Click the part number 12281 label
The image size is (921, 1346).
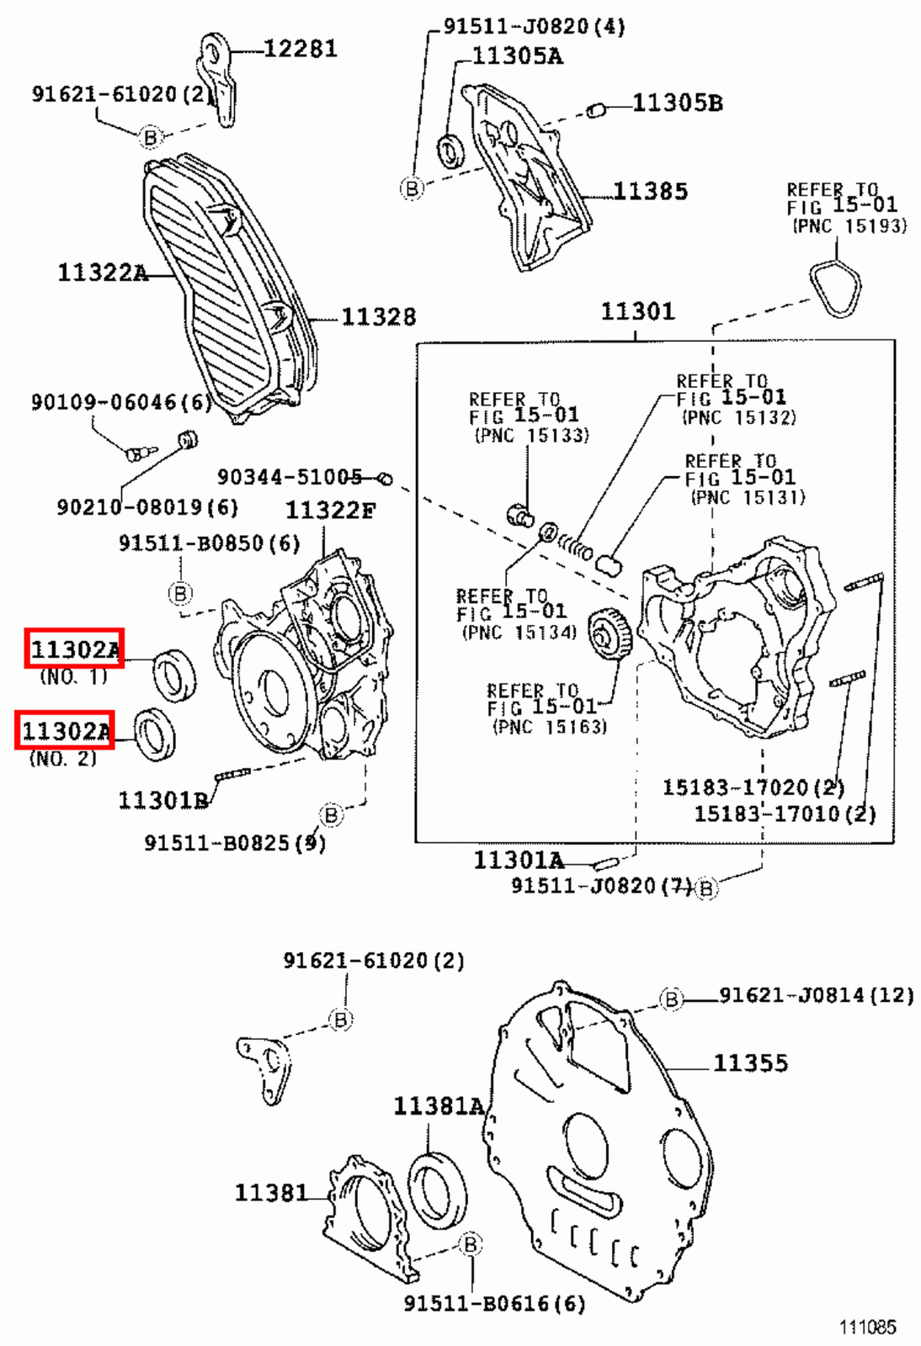tap(300, 49)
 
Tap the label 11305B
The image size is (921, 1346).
tap(677, 103)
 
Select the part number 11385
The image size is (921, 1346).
tap(650, 192)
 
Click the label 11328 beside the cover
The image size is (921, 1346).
tap(378, 317)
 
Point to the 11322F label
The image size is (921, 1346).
tap(330, 511)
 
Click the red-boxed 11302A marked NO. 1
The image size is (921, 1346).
tap(75, 649)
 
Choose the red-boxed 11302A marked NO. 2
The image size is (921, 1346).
tap(65, 730)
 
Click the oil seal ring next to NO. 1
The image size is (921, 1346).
tap(174, 675)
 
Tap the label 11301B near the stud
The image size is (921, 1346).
tap(162, 800)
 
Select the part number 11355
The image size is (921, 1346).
tap(750, 1063)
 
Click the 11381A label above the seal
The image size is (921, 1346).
tap(438, 1107)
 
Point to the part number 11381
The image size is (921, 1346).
tap(270, 1193)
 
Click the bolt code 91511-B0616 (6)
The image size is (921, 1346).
tap(493, 1304)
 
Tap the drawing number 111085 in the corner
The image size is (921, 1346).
tap(867, 1327)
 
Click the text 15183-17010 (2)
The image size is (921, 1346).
tap(784, 814)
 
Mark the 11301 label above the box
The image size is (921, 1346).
tap(637, 312)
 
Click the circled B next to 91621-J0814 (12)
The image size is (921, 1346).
tap(671, 999)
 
